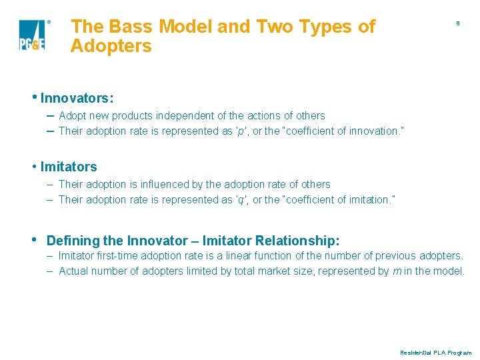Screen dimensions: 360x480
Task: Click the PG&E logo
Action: (32, 35)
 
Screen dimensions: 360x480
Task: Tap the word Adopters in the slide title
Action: (111, 47)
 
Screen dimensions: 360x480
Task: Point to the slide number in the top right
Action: (457, 23)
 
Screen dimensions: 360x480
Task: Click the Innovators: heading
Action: (77, 98)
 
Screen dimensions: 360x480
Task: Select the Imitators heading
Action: (69, 167)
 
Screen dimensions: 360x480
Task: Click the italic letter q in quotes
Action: (241, 200)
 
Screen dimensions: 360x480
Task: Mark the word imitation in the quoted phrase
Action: (368, 200)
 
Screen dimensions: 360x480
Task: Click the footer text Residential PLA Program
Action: (435, 353)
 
